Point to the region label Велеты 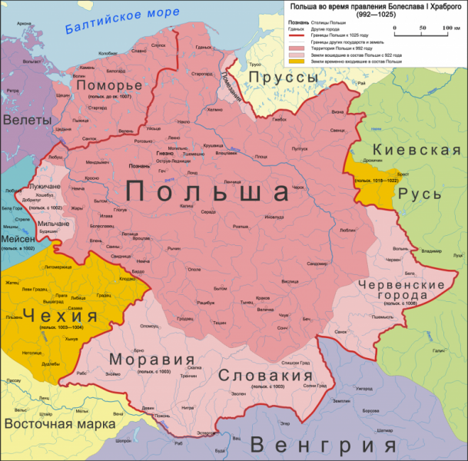click(27, 120)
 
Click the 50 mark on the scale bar click(422, 28)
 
